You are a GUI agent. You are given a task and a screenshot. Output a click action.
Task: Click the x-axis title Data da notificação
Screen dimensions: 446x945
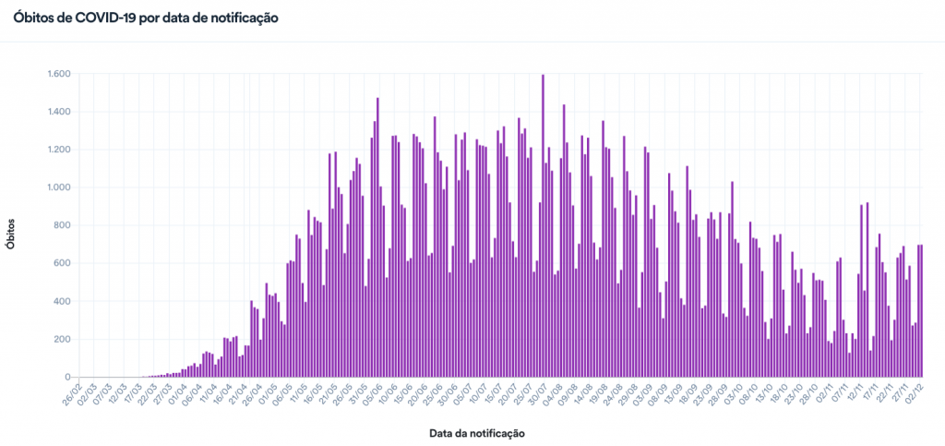click(x=477, y=432)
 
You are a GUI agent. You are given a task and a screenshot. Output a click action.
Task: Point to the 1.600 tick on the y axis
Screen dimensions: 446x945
click(x=58, y=74)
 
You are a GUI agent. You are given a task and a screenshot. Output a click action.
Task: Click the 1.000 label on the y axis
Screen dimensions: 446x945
click(x=58, y=187)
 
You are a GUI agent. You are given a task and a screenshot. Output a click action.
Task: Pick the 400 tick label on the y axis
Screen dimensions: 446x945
click(x=62, y=301)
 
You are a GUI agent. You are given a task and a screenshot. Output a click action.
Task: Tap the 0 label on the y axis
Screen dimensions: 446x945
click(x=67, y=377)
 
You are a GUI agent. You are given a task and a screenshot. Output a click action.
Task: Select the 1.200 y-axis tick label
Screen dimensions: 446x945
click(x=58, y=150)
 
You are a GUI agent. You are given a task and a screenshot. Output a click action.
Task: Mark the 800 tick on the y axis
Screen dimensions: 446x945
click(x=62, y=225)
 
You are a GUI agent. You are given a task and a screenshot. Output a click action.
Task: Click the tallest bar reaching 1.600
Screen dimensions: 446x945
click(x=543, y=225)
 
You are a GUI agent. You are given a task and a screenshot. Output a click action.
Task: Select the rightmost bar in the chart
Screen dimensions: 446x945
click(x=922, y=310)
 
